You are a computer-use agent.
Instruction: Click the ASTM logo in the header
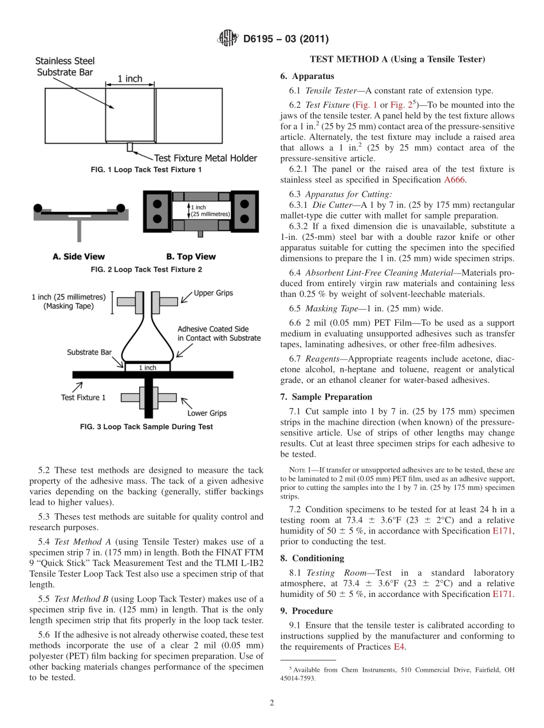coord(228,39)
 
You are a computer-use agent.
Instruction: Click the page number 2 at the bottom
coord(271,703)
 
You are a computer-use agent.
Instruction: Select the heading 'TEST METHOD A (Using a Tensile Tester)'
coord(397,60)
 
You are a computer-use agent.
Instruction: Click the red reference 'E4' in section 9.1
coord(399,646)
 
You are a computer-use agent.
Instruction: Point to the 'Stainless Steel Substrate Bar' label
coord(65,66)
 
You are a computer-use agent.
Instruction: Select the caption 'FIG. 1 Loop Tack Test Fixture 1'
coord(147,170)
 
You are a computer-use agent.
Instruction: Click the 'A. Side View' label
coord(78,257)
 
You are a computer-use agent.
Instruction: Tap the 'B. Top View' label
coord(191,257)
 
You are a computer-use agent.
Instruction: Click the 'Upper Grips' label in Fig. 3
coord(213,293)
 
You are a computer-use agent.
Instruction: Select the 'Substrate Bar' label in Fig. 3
coord(89,352)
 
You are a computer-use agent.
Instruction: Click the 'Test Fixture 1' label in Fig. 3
coord(83,397)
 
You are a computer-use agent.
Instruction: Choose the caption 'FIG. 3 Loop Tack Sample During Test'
coord(147,426)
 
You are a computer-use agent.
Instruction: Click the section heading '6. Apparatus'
coord(307,76)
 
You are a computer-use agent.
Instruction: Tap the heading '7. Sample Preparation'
coord(326,397)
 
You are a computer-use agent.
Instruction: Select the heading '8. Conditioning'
coord(312,558)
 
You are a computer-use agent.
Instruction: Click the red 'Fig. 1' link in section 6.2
coord(366,105)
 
